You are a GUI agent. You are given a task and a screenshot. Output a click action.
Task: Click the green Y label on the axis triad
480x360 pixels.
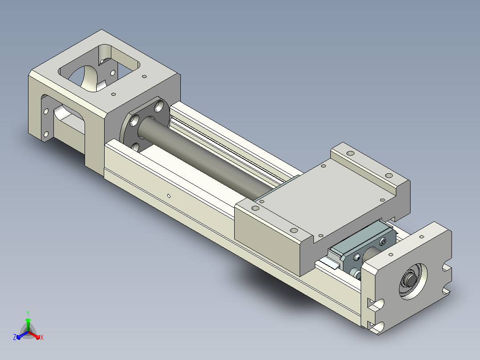[x=28, y=313]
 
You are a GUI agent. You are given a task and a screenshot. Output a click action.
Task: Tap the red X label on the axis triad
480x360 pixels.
[x=42, y=337]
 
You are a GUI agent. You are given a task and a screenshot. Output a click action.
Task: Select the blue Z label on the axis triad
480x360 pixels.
[x=15, y=337]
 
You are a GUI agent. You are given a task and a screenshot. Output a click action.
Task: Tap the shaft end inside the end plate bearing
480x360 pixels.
[x=410, y=279]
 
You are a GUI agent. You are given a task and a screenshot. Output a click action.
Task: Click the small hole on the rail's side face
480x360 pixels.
[x=169, y=196]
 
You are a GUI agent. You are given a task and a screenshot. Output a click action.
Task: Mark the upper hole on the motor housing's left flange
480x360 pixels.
[x=46, y=111]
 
